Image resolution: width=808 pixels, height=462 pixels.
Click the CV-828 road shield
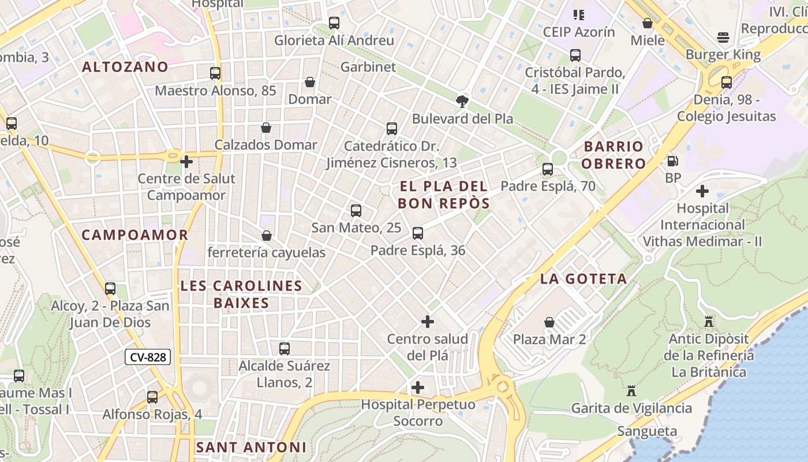click(x=148, y=357)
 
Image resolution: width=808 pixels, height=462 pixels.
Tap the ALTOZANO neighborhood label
click(x=125, y=67)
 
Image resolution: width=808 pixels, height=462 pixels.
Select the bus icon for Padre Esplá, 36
click(x=418, y=233)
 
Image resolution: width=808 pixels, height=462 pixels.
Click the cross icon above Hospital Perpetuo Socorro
click(x=418, y=387)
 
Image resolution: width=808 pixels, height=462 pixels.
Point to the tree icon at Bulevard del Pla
click(x=462, y=102)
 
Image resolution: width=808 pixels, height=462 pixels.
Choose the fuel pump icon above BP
click(x=672, y=161)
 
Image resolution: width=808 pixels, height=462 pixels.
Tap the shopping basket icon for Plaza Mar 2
click(x=549, y=322)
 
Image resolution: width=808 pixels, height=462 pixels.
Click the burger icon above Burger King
click(x=723, y=38)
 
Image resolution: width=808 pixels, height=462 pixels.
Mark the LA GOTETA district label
click(x=583, y=279)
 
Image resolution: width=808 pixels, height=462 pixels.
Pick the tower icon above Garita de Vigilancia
click(x=631, y=391)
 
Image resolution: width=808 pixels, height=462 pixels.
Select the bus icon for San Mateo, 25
click(x=356, y=211)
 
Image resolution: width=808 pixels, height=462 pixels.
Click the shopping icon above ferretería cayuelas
click(x=267, y=236)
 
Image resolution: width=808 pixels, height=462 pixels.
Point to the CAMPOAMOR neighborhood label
click(x=135, y=235)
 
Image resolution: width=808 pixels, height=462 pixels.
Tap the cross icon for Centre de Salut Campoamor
click(x=186, y=162)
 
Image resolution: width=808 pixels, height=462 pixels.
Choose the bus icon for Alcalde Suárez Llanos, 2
click(x=285, y=349)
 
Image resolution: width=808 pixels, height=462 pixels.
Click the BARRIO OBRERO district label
click(x=613, y=155)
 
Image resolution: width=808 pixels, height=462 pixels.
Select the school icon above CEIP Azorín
click(x=579, y=14)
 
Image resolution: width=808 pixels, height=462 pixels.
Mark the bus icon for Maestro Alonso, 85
click(x=215, y=73)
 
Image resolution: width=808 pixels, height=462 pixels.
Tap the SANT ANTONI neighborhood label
click(x=251, y=447)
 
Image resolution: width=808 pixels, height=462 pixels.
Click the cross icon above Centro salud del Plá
click(x=428, y=321)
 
